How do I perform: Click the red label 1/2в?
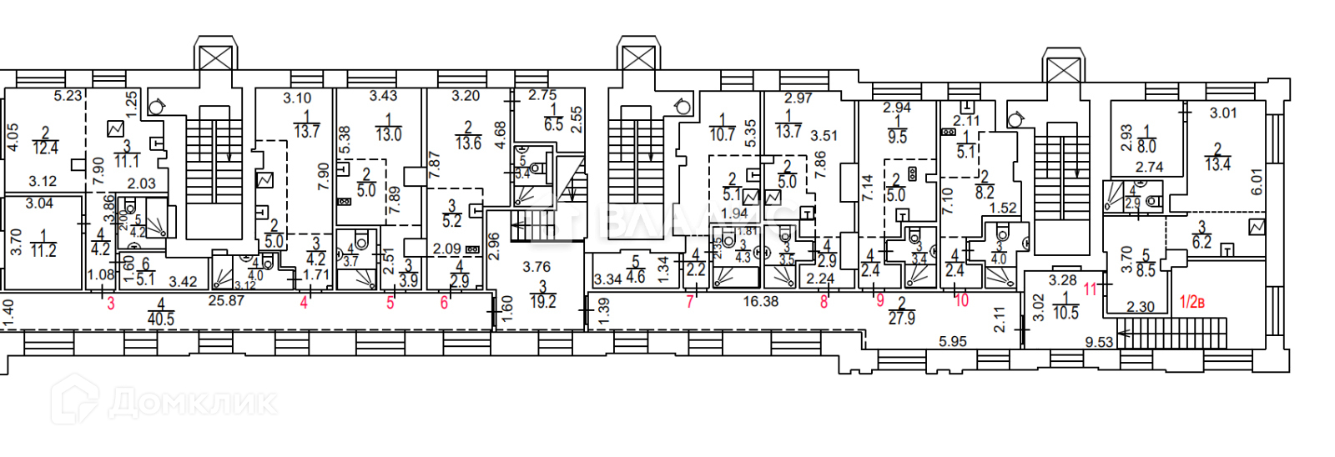click(1191, 302)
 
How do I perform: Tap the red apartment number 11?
click(1091, 289)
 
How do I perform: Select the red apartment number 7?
click(690, 302)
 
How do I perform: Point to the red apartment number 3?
click(111, 304)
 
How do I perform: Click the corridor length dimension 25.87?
click(225, 300)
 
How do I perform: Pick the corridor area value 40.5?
click(160, 319)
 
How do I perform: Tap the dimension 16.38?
click(760, 301)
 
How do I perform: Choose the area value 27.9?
click(901, 318)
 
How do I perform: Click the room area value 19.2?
click(542, 302)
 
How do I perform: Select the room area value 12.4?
click(45, 148)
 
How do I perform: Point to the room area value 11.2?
click(43, 250)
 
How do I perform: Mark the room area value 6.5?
click(553, 124)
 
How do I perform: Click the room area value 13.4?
click(1217, 163)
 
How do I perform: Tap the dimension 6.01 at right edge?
click(1257, 181)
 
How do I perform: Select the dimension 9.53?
click(1099, 342)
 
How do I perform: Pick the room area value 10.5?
click(1065, 313)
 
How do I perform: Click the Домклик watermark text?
click(192, 403)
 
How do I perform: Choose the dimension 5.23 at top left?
click(68, 96)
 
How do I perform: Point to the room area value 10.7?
click(722, 133)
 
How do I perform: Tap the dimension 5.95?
click(952, 341)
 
